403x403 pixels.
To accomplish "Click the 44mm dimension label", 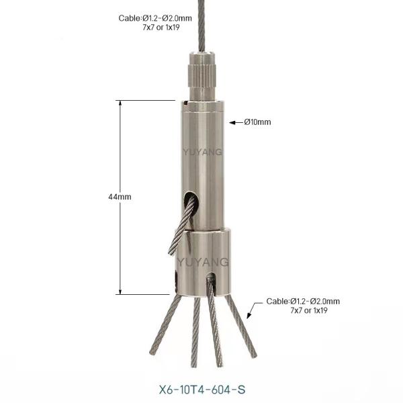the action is click(x=120, y=197).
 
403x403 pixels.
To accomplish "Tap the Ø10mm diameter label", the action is click(x=257, y=122).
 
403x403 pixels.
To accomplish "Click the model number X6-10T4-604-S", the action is click(x=202, y=390).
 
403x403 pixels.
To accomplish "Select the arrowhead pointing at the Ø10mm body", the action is click(x=232, y=123).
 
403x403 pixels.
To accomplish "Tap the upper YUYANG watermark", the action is click(x=203, y=152).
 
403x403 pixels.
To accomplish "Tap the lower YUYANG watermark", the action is click(x=203, y=262).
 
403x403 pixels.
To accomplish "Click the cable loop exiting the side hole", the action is click(x=181, y=226).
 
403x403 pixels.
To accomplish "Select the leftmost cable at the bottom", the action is click(x=165, y=325).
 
